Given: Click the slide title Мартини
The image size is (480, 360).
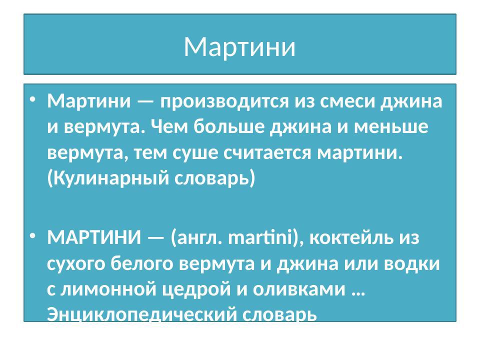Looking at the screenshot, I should [239, 47].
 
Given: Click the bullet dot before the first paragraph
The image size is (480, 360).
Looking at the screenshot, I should [33, 100].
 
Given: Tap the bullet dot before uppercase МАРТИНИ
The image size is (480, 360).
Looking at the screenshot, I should [33, 235].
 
